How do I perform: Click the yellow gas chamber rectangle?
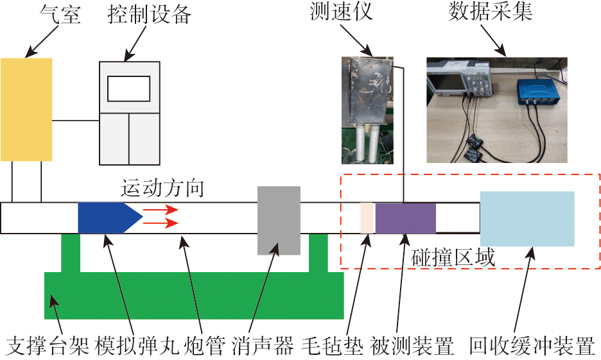coord(26,109)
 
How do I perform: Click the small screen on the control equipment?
coord(128,89)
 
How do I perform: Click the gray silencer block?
coord(279,220)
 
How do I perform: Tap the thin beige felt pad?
coord(367,218)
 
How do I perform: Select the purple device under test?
coord(405,218)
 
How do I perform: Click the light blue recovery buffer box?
coord(527,219)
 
